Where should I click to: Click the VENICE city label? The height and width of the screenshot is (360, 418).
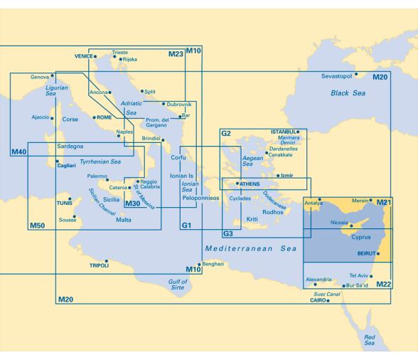pyautogui.click(x=83, y=55)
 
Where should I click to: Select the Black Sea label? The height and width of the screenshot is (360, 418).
pyautogui.click(x=346, y=93)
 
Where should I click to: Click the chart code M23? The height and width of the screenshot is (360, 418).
pyautogui.click(x=176, y=54)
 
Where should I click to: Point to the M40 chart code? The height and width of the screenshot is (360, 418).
pyautogui.click(x=18, y=152)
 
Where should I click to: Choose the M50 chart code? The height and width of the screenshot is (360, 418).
pyautogui.click(x=37, y=226)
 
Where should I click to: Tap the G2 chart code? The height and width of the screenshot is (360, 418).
pyautogui.click(x=227, y=134)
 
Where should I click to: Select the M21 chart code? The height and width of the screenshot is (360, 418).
pyautogui.click(x=384, y=203)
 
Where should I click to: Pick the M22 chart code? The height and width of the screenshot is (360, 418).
pyautogui.click(x=384, y=285)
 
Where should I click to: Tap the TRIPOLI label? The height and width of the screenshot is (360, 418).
pyautogui.click(x=98, y=265)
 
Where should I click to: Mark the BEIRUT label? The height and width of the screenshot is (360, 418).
pyautogui.click(x=364, y=253)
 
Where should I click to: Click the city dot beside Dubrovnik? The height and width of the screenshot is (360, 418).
pyautogui.click(x=164, y=103)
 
